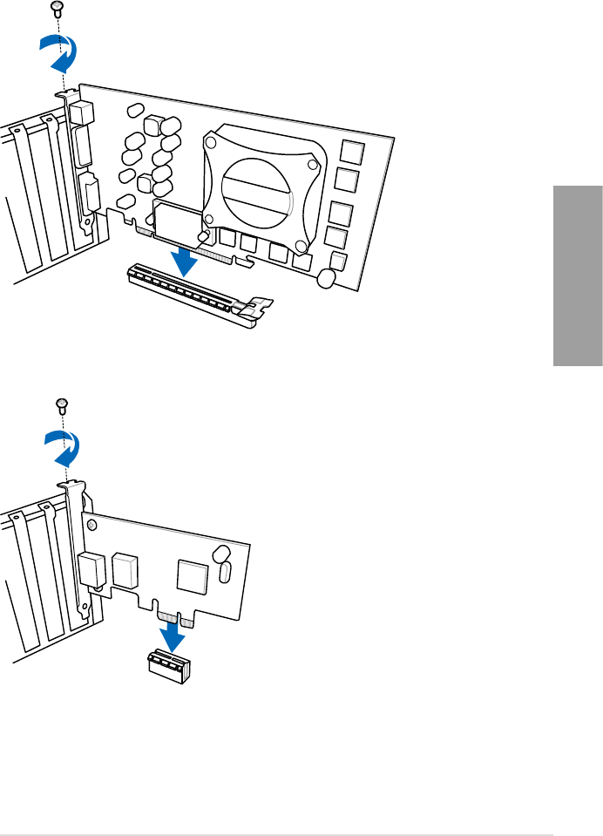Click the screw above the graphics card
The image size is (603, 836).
click(x=58, y=8)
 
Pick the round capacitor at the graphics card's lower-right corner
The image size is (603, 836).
click(x=327, y=278)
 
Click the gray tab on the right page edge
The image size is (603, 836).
click(x=577, y=276)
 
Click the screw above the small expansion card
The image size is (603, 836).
click(x=61, y=403)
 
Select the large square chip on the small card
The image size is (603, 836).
click(x=190, y=574)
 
